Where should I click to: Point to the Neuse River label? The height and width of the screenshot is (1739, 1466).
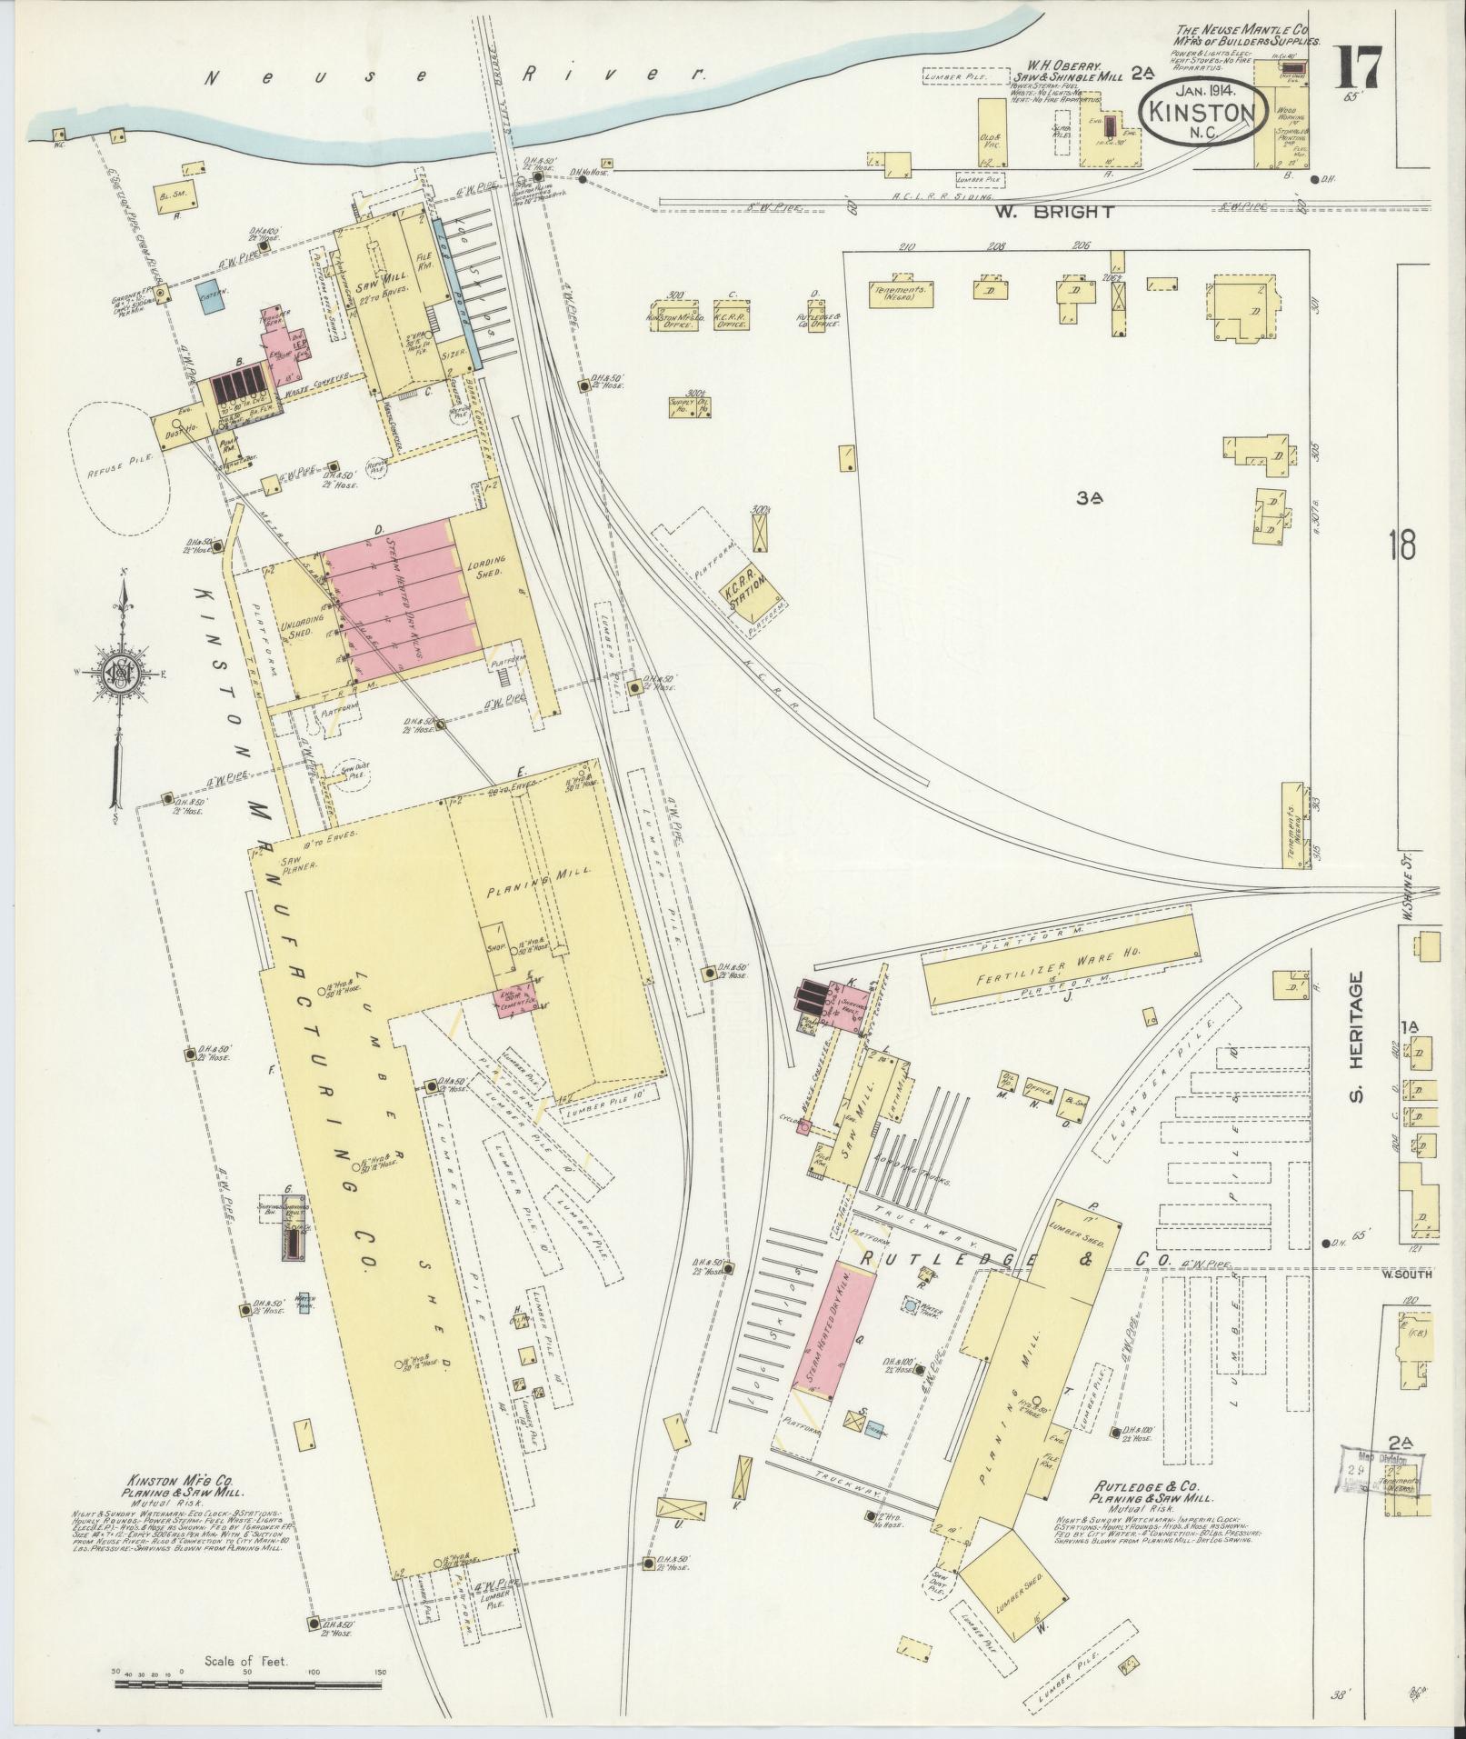454,76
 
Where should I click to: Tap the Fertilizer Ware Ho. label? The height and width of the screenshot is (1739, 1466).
1059,965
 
